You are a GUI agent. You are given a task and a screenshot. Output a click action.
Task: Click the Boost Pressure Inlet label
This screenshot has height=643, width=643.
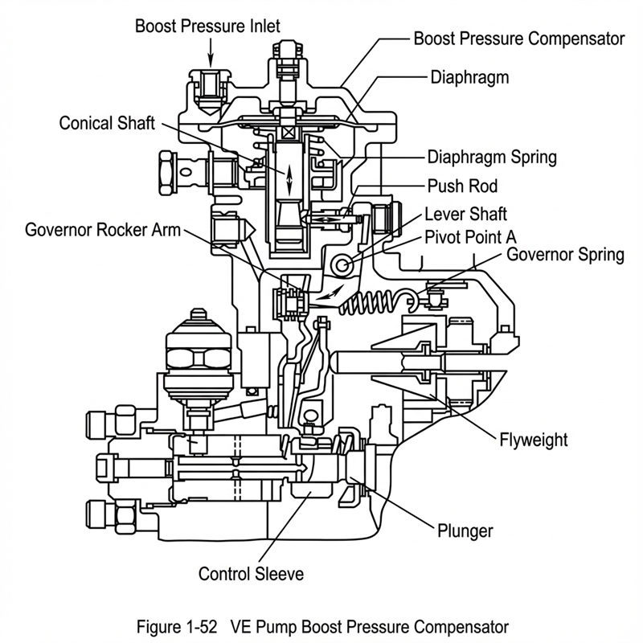[207, 26]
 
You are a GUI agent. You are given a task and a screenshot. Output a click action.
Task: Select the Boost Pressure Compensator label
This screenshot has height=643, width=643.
[518, 38]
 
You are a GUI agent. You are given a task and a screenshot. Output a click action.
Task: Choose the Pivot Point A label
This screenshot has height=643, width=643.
[470, 238]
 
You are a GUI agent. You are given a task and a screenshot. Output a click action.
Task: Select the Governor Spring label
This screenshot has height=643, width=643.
[565, 255]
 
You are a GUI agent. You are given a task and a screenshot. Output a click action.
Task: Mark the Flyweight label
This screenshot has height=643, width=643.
[533, 440]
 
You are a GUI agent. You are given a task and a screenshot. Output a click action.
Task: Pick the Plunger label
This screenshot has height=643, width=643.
[465, 530]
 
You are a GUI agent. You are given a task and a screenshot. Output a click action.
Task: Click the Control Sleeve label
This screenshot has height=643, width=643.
[252, 574]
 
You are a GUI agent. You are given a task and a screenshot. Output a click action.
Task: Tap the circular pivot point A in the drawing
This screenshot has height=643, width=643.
[344, 264]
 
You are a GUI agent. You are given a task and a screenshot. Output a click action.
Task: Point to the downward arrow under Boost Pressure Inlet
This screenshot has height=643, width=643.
[211, 53]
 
